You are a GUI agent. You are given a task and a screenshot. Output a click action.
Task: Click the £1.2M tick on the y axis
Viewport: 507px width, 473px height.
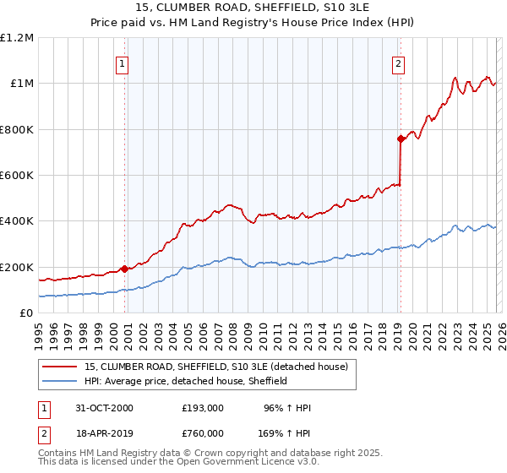click(17, 38)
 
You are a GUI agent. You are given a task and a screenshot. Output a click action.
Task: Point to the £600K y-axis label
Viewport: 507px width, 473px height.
click(17, 176)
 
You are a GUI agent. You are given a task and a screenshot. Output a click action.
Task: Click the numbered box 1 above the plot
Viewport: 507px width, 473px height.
click(123, 62)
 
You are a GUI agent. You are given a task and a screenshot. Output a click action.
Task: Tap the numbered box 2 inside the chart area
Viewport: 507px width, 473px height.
click(398, 62)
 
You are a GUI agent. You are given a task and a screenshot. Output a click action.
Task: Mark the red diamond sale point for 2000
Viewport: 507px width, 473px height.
click(124, 269)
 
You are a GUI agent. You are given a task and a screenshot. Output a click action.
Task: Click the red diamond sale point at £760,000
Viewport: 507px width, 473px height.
click(400, 139)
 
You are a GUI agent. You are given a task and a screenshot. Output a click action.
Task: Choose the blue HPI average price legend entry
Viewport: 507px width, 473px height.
click(186, 381)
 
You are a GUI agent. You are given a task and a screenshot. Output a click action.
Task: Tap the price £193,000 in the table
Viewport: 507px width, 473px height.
click(202, 408)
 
